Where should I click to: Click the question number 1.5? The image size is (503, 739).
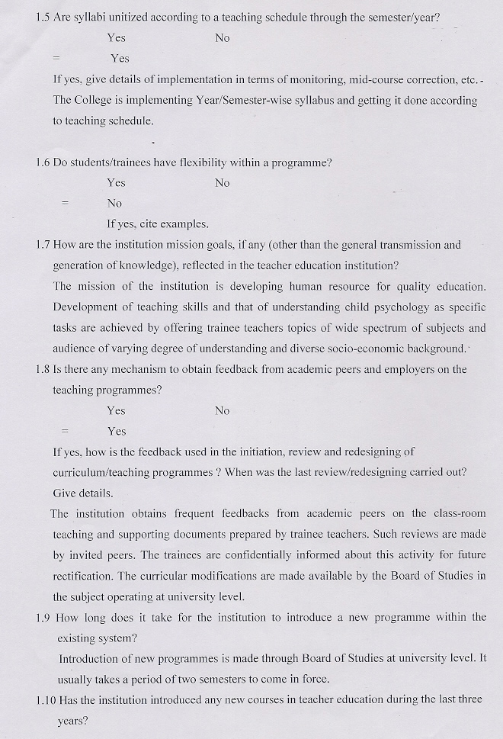click(43, 17)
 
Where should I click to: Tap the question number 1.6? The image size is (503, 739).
click(43, 162)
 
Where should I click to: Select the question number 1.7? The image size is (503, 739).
click(43, 245)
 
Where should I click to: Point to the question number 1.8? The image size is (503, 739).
click(43, 369)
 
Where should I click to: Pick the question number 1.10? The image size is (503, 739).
click(46, 699)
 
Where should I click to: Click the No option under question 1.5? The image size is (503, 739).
click(223, 38)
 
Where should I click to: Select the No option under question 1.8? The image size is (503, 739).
click(223, 411)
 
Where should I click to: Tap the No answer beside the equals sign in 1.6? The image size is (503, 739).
click(115, 204)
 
